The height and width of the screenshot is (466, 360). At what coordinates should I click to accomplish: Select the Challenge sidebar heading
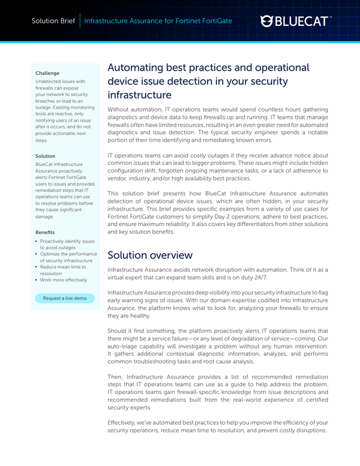click(47, 73)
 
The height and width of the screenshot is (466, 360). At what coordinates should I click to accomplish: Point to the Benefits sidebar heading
click(45, 231)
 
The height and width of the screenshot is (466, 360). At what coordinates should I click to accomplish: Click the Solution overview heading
click(150, 254)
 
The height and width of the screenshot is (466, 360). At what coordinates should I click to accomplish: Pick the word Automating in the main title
click(136, 67)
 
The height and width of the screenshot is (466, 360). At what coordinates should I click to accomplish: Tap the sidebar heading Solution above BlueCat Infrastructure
click(46, 156)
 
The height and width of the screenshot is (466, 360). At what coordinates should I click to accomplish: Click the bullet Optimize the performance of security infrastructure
click(67, 257)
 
